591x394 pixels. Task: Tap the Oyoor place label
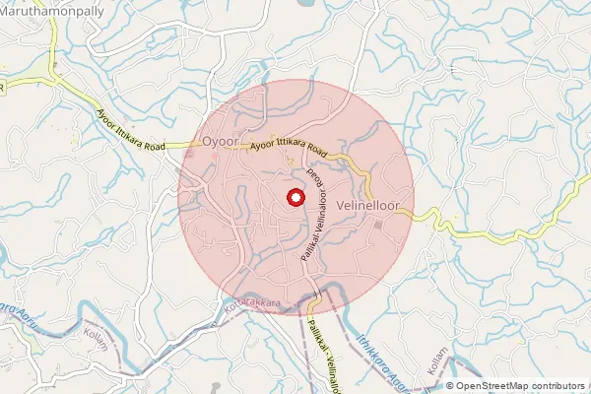220,142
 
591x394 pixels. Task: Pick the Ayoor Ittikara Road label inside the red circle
289,147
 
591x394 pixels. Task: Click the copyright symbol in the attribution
449,386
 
